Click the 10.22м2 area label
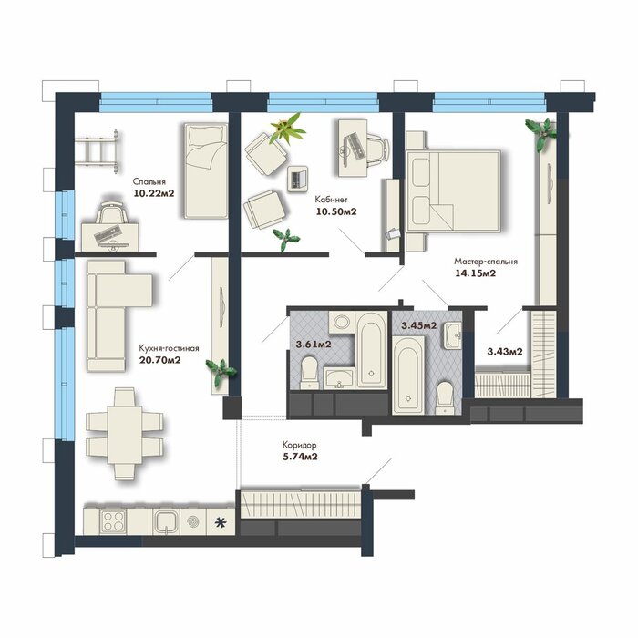click(154, 193)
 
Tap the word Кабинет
click(331, 200)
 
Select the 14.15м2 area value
click(475, 273)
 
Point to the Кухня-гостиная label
click(169, 348)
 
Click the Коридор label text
click(300, 445)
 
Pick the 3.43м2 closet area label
click(505, 352)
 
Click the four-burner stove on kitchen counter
click(113, 521)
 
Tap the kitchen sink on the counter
click(166, 521)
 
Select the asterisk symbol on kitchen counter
click(221, 522)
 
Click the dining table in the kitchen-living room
click(125, 433)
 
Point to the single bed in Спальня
click(206, 171)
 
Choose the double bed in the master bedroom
click(454, 191)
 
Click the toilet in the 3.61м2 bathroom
click(309, 372)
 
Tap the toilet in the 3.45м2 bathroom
click(445, 398)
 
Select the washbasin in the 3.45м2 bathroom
click(452, 335)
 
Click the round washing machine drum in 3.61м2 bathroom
click(342, 323)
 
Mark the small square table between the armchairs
click(298, 179)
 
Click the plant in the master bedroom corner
click(540, 132)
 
